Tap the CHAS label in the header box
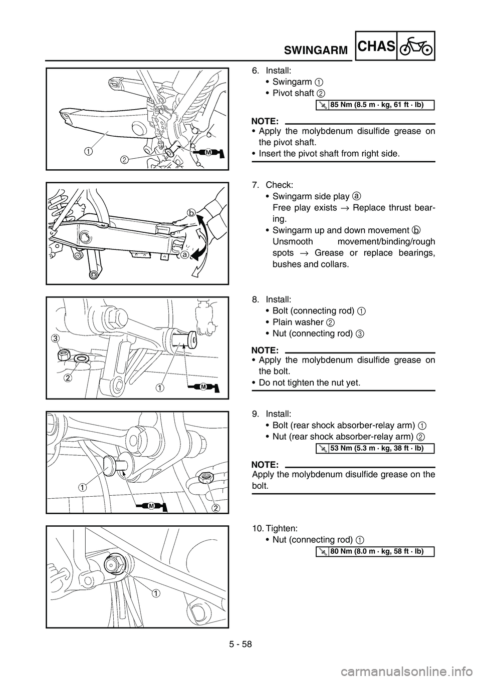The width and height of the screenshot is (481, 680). (377, 46)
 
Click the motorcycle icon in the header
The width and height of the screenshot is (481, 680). (415, 46)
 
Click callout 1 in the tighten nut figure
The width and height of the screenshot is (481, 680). (157, 593)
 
